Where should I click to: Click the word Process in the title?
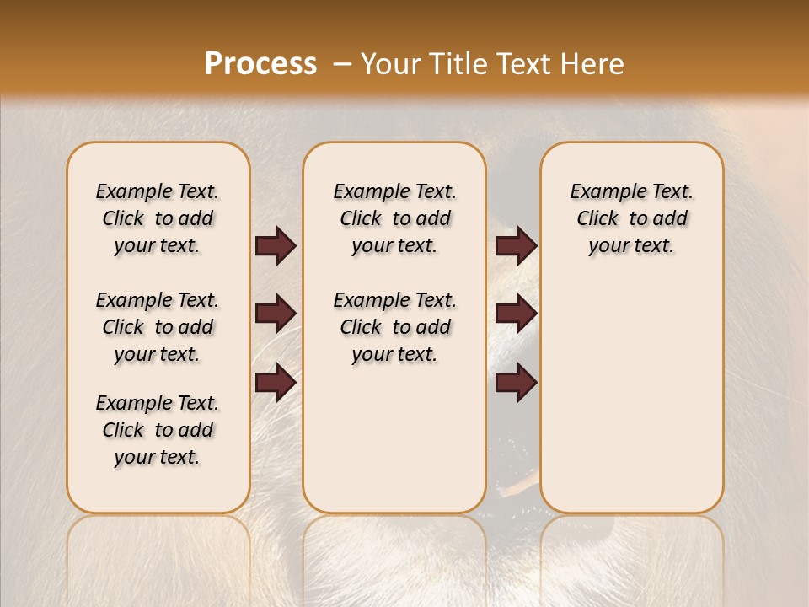point(260,63)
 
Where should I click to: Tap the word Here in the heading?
point(590,63)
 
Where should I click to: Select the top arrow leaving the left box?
point(276,245)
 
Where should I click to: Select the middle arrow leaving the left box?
point(276,314)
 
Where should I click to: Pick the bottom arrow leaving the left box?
point(276,382)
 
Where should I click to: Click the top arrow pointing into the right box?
point(516,245)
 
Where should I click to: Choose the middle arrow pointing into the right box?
point(516,314)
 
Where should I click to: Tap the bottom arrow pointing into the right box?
point(516,382)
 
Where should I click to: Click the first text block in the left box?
point(158,218)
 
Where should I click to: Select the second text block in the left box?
point(158,327)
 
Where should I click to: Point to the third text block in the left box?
point(158,430)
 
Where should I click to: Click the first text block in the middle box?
point(394,218)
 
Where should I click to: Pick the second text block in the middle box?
point(394,327)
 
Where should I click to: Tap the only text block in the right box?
point(631,218)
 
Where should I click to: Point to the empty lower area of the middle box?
point(394,438)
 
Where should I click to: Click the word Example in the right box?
point(601,191)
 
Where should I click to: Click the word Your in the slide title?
point(390,63)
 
